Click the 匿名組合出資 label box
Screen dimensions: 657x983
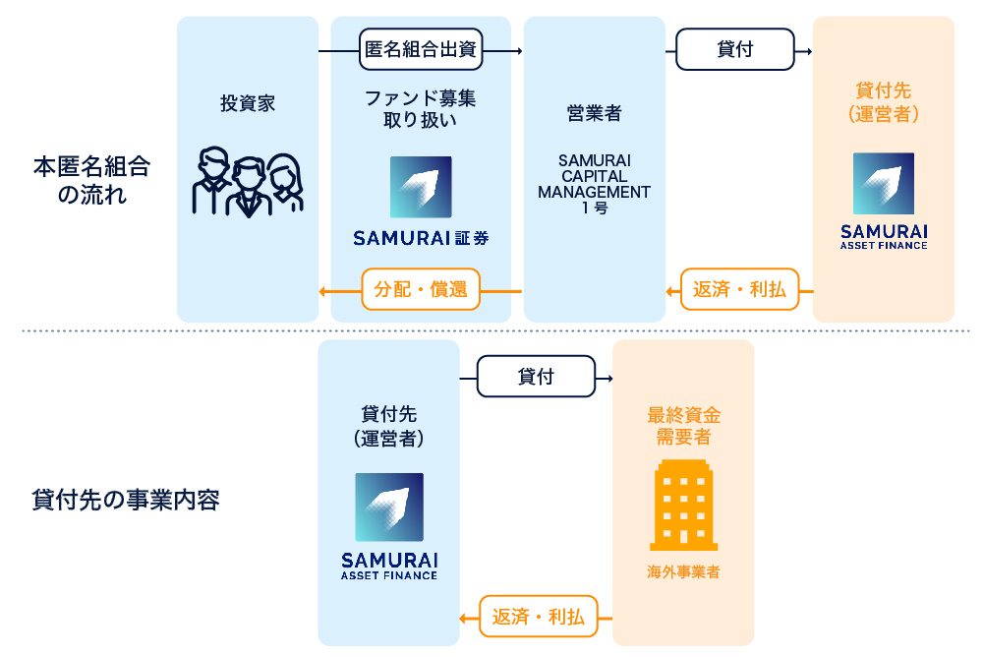(421, 50)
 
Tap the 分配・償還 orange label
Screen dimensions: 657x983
(421, 290)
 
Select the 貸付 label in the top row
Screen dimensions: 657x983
(735, 50)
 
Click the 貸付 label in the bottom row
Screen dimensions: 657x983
(536, 377)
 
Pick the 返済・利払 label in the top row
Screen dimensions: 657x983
(739, 290)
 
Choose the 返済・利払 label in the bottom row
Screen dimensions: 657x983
(538, 617)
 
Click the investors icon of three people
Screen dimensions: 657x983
(248, 182)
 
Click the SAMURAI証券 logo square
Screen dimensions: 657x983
(421, 187)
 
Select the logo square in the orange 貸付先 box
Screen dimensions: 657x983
(884, 184)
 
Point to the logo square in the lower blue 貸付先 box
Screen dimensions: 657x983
(389, 507)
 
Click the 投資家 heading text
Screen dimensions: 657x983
(248, 103)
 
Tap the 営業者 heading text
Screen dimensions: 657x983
(594, 113)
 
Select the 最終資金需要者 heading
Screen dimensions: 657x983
(683, 426)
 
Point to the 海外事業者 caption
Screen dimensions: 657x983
(683, 571)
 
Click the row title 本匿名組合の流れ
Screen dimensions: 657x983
(91, 180)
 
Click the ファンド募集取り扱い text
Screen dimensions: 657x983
(421, 109)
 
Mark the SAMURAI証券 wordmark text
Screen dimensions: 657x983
(421, 238)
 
